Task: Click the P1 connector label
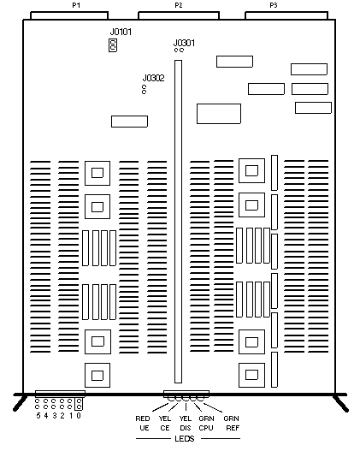[x=76, y=5]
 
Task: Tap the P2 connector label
[x=179, y=5]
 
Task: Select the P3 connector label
[x=274, y=5]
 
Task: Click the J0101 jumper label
[x=121, y=32]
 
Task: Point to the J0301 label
[x=184, y=43]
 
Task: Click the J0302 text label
[x=154, y=78]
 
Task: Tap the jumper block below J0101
[x=113, y=45]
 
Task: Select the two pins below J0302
[x=144, y=90]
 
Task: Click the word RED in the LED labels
[x=143, y=418]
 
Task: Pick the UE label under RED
[x=145, y=428]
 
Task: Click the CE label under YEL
[x=165, y=428]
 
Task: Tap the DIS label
[x=186, y=428]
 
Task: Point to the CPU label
[x=206, y=428]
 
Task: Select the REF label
[x=233, y=428]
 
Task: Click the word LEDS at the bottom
[x=185, y=439]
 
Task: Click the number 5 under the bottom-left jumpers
[x=38, y=416]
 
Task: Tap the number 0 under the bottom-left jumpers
[x=79, y=416]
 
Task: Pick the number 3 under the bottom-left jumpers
[x=55, y=416]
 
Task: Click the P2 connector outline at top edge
[x=179, y=12]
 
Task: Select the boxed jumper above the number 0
[x=79, y=404]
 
